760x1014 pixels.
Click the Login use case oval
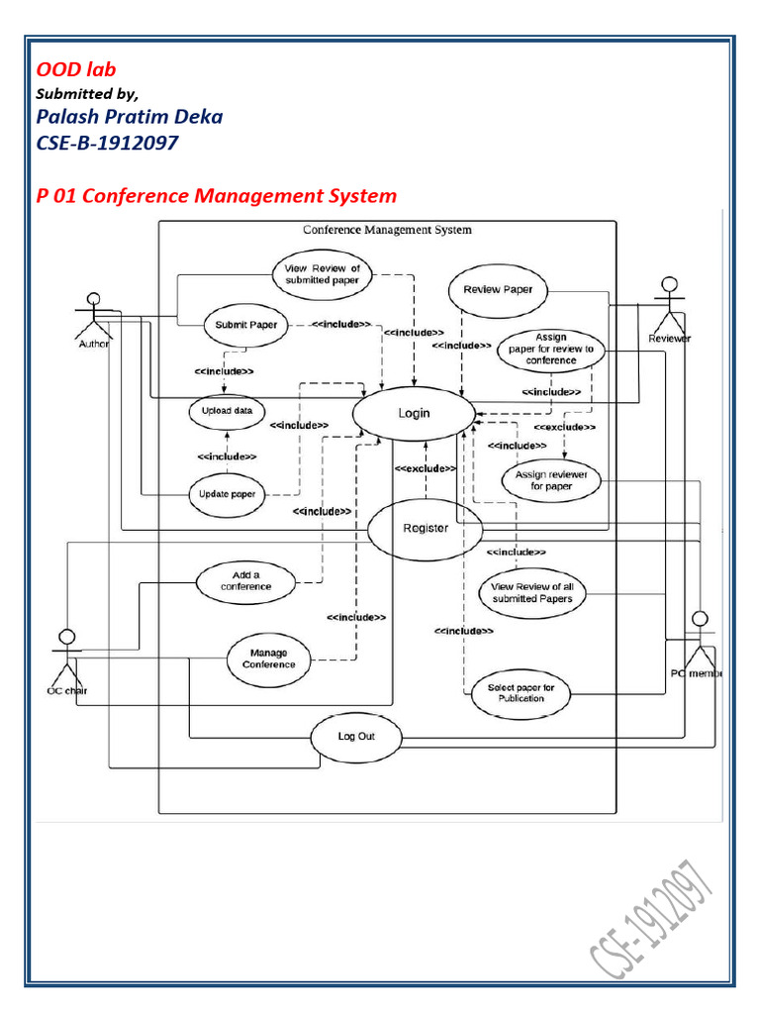click(x=414, y=413)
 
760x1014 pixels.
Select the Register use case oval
click(x=426, y=529)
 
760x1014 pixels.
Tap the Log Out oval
click(x=356, y=737)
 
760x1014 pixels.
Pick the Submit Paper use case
click(x=245, y=325)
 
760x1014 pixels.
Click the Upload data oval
click(x=227, y=411)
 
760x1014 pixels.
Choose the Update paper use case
click(x=227, y=495)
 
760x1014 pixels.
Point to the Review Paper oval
click(x=498, y=290)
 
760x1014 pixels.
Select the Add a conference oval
click(x=245, y=581)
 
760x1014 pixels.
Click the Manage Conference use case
click(x=269, y=659)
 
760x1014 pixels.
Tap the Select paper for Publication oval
click(x=521, y=693)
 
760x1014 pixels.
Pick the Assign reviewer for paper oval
click(x=551, y=480)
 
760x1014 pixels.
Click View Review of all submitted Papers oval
click(x=531, y=593)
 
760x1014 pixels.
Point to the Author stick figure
click(x=94, y=320)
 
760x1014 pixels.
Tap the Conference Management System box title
click(x=387, y=230)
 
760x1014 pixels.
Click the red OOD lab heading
click(x=76, y=69)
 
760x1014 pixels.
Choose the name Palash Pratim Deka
click(x=130, y=117)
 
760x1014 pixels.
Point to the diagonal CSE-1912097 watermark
click(x=651, y=919)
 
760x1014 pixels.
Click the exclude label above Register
click(x=426, y=468)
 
